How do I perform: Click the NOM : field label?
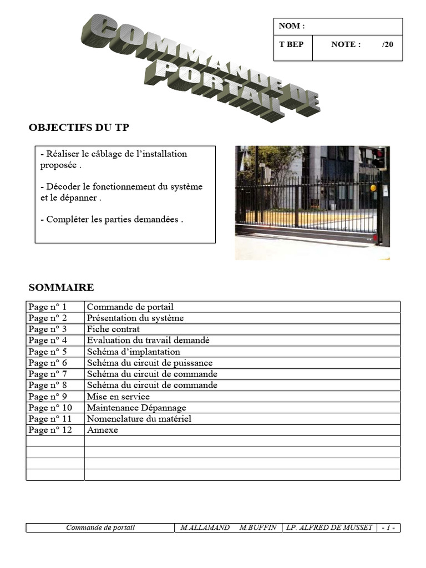(x=292, y=26)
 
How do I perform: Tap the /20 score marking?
(x=387, y=44)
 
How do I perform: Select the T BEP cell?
(x=291, y=44)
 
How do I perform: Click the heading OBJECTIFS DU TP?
(x=79, y=128)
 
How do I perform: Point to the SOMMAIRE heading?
(x=61, y=287)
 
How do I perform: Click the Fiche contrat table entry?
(x=113, y=329)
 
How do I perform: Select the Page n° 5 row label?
(x=47, y=352)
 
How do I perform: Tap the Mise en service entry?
(x=118, y=397)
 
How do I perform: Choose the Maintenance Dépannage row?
(x=136, y=408)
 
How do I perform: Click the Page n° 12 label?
(x=50, y=430)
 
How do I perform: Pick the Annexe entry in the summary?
(x=102, y=430)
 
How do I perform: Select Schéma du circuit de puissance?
(x=149, y=363)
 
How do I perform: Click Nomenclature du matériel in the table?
(x=139, y=419)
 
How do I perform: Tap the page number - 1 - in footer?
(x=388, y=528)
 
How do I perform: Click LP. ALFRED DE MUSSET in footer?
(x=329, y=528)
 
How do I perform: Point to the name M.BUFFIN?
(x=258, y=528)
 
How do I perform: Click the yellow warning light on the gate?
(x=373, y=188)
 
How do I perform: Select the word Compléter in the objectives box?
(x=64, y=219)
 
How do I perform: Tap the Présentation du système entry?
(x=135, y=318)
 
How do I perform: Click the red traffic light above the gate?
(x=379, y=154)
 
